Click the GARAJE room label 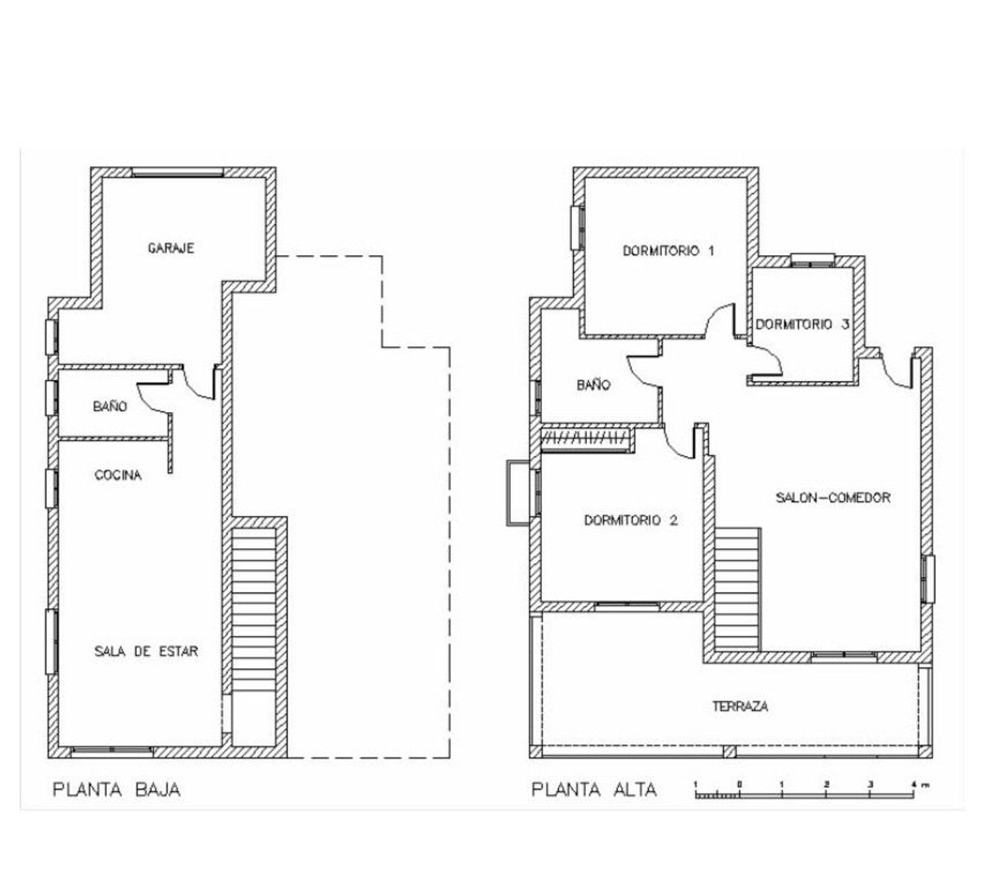point(171,248)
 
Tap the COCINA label point(118,475)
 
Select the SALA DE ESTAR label point(146,651)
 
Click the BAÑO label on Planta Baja point(111,406)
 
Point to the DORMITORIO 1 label point(668,251)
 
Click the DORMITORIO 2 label point(630,521)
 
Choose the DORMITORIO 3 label point(802,325)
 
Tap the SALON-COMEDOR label point(832,498)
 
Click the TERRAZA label point(740,706)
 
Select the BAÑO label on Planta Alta point(594,385)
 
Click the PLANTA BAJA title point(117,790)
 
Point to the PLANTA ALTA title point(594,790)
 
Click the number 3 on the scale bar point(870,784)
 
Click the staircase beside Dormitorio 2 point(737,590)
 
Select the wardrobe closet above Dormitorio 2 point(584,440)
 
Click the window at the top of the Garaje point(178,172)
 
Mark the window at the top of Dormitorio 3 point(812,260)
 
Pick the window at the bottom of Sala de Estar point(113,750)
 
